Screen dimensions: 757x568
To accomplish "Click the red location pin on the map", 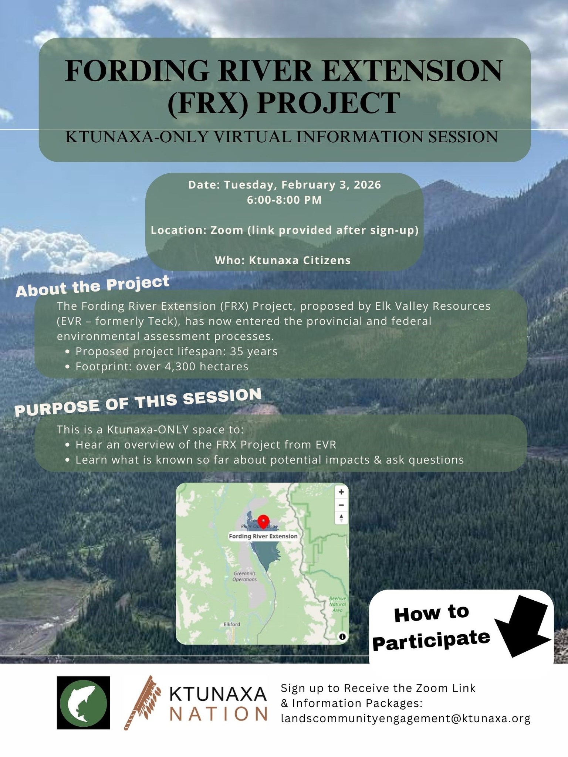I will [263, 521].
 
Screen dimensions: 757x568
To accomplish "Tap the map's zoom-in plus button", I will [341, 492].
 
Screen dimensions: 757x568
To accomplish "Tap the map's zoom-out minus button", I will [341, 505].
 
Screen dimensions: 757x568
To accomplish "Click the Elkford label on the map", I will [232, 624].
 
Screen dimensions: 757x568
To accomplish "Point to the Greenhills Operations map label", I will [244, 576].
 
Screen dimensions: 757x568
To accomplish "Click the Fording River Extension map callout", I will [263, 536].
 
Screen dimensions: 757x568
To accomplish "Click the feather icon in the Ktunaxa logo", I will [142, 702].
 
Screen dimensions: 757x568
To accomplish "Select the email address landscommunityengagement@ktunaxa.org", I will [406, 719].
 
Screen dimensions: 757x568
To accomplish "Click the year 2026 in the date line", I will [367, 185].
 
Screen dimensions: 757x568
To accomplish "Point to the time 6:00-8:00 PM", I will [284, 200].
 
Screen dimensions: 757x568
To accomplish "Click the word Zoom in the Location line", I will [226, 230].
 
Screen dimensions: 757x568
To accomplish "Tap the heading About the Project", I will [92, 286].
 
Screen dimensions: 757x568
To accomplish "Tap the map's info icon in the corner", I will [342, 637].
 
